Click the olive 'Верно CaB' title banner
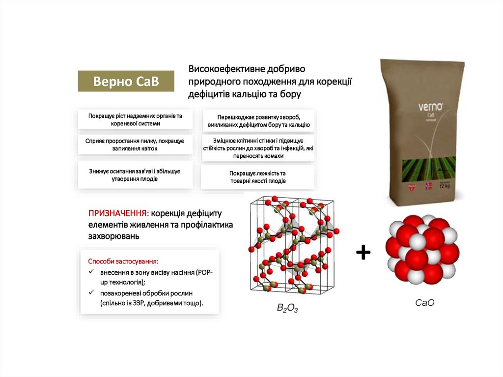coord(126,81)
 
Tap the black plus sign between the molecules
coord(363,253)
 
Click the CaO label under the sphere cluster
coord(424,303)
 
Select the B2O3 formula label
coord(287,308)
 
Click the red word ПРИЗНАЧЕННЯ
coord(118,214)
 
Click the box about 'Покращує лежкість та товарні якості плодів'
coord(258,177)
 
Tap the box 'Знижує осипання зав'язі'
coord(135,175)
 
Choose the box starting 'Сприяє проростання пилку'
coord(135,145)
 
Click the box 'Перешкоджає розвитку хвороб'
coord(258,121)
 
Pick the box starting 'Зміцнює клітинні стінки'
coord(258,148)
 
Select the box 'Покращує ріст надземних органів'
coord(135,119)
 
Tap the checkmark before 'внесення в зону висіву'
coord(91,272)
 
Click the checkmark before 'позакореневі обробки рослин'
coord(91,293)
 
